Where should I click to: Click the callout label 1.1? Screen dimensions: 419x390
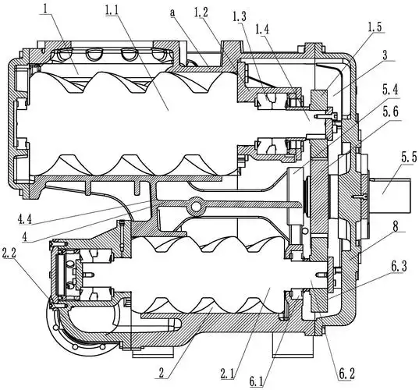click(x=112, y=10)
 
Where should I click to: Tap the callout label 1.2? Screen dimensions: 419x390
click(x=201, y=12)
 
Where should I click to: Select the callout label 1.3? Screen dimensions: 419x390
click(x=240, y=17)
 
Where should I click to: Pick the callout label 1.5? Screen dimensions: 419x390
click(x=375, y=27)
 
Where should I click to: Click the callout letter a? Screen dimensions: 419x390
click(x=173, y=13)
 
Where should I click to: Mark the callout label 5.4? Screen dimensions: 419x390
click(x=390, y=90)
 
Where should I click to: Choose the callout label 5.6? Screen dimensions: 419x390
click(x=391, y=112)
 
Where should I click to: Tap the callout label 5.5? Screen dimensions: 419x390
click(x=409, y=158)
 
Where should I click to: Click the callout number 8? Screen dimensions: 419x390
click(x=396, y=226)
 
